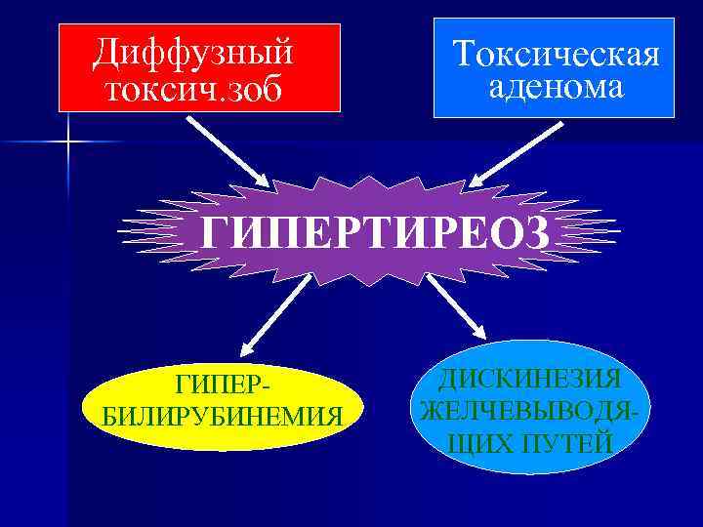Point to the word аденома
(x=555, y=88)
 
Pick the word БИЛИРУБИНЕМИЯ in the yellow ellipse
(x=223, y=417)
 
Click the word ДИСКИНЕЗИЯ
(x=531, y=378)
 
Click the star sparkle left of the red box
(x=69, y=143)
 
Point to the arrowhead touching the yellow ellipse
(x=246, y=343)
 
